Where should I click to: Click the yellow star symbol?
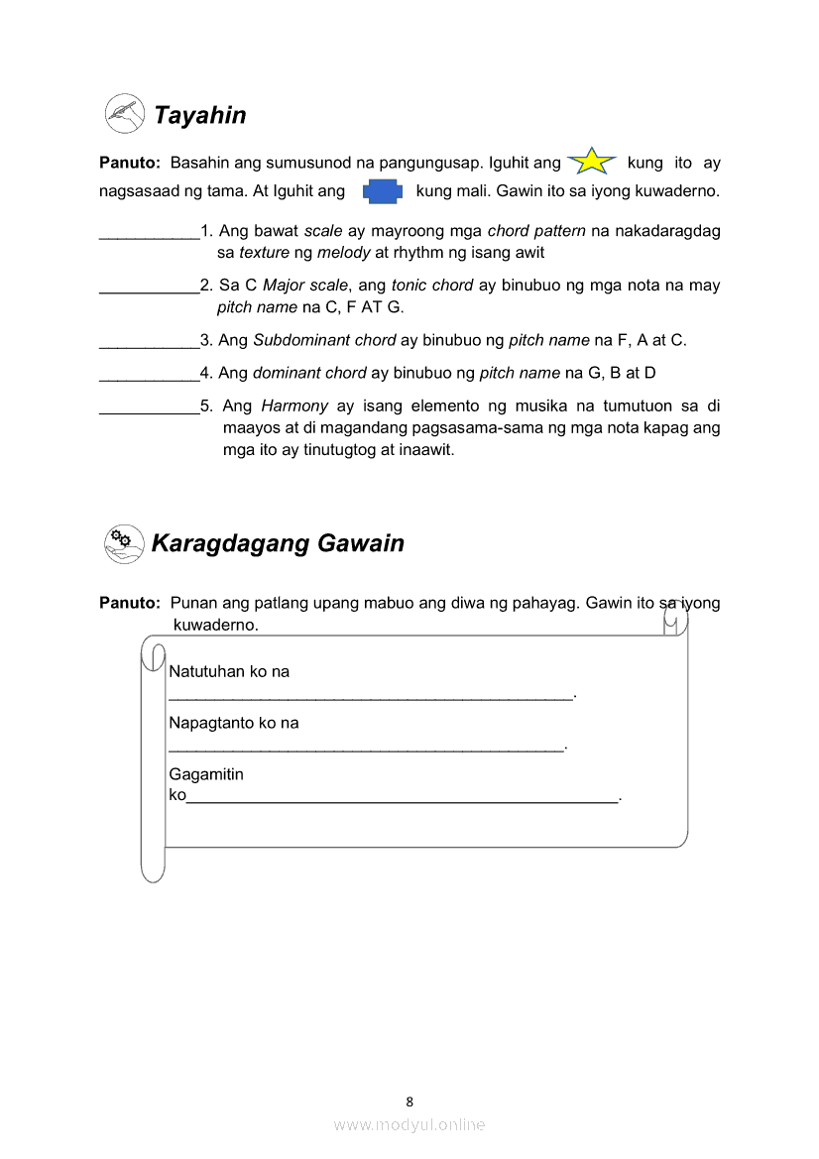point(592,161)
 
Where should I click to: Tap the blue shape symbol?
point(382,191)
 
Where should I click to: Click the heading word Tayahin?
point(199,115)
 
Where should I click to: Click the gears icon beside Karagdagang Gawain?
point(123,543)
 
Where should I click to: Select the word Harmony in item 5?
point(294,406)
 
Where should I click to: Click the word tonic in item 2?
point(411,286)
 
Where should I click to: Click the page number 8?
point(409,1101)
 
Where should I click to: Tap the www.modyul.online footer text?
point(409,1124)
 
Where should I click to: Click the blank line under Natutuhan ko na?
point(371,696)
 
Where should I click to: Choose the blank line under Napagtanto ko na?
point(366,748)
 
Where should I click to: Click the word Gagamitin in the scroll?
point(206,774)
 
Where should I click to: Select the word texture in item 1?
point(264,253)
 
